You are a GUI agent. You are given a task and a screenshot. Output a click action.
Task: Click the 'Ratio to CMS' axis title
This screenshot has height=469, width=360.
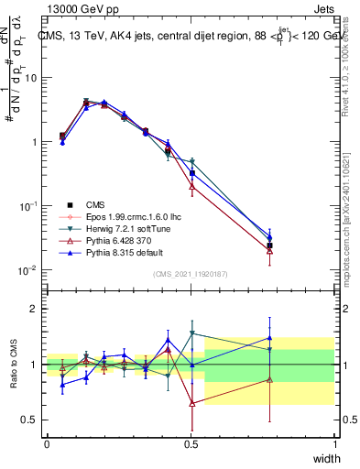pyautogui.click(x=14, y=365)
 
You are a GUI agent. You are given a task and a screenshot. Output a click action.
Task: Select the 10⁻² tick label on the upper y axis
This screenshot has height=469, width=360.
pyautogui.click(x=28, y=271)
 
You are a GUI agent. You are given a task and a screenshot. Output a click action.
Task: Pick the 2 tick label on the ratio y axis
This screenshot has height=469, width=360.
pyautogui.click(x=33, y=309)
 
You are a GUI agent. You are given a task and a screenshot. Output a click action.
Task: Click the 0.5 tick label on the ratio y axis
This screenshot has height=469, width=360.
pyautogui.click(x=30, y=420)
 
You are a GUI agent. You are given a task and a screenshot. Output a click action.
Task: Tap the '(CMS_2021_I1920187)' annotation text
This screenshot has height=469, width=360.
pyautogui.click(x=191, y=274)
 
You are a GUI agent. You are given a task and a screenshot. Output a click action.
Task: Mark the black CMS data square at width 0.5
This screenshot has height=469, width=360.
pyautogui.click(x=191, y=172)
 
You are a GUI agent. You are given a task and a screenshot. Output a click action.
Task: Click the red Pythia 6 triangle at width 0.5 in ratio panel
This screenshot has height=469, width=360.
pyautogui.click(x=191, y=403)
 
